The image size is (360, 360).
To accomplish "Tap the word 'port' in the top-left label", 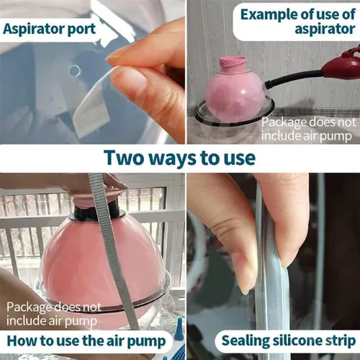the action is tap(82, 30).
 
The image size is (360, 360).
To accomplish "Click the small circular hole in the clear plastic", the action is tap(74, 71).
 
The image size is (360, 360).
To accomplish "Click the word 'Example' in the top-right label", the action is tap(269, 15).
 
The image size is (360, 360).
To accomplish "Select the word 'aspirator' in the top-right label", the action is tap(325, 30).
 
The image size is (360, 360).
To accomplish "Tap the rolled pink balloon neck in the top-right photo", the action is tap(233, 63).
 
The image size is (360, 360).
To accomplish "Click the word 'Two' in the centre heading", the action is tap(123, 158).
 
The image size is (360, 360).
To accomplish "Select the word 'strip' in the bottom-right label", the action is tap(341, 341).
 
